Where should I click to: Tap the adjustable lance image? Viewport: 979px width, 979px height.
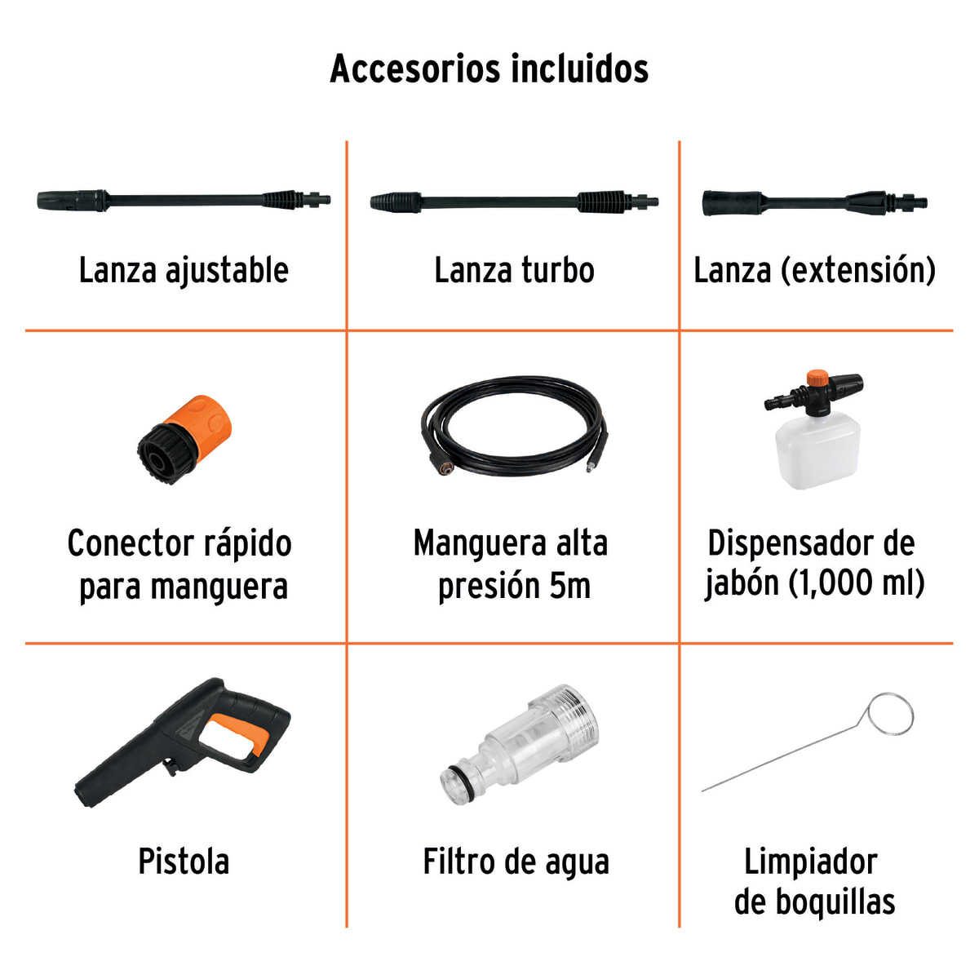(184, 200)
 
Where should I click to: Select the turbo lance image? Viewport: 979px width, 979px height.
(514, 202)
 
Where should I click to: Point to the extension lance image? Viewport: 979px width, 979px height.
(815, 202)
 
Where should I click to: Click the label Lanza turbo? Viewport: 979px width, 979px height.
(514, 271)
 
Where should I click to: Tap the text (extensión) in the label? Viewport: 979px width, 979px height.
(858, 271)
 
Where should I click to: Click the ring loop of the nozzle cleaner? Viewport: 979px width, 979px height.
(890, 714)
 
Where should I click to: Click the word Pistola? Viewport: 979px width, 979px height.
(184, 862)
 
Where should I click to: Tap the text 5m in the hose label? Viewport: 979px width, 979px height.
(569, 586)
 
